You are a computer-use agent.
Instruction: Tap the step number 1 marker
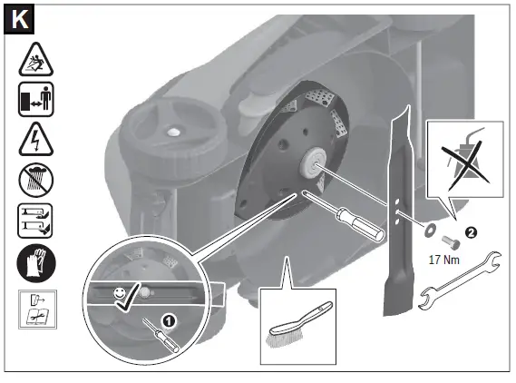coord(169,319)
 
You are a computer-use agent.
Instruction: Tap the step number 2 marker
coord(470,231)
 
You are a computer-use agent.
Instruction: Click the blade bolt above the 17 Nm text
coord(449,241)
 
